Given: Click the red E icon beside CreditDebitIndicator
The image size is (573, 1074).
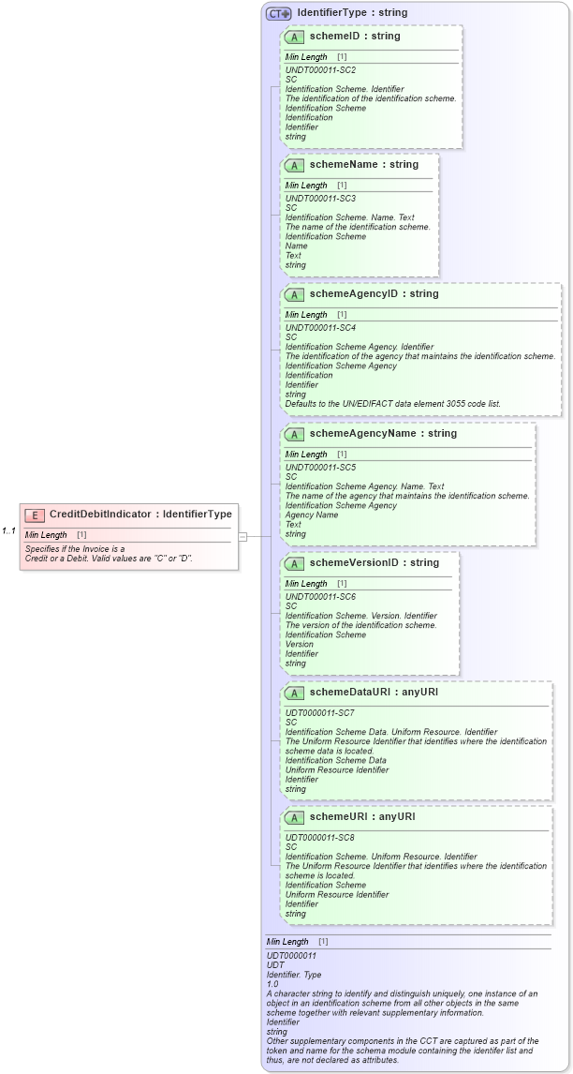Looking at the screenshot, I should click(35, 515).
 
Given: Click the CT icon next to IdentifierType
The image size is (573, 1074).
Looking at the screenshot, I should click(278, 13).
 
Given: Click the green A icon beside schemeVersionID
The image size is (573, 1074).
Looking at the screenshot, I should click(294, 563).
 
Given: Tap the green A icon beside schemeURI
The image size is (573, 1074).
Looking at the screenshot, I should click(294, 817).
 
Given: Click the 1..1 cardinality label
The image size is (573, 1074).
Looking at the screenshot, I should click(8, 531).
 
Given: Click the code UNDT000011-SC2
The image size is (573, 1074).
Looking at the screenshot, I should click(320, 69).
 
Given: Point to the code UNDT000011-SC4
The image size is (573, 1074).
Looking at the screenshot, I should click(320, 327).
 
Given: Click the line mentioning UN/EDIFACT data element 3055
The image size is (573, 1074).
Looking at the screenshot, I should click(392, 404).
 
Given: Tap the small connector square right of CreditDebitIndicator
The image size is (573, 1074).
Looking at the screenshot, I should click(242, 536).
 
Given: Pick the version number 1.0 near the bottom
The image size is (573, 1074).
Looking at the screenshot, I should click(272, 984).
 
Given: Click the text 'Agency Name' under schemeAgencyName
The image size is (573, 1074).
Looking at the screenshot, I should click(312, 515).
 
